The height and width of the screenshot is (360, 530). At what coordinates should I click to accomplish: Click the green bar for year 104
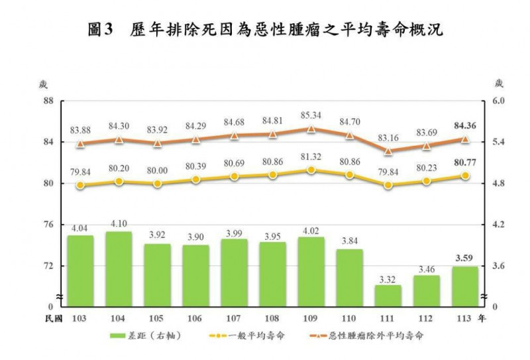[119, 269]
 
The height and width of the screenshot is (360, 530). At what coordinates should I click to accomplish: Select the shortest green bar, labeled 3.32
[388, 296]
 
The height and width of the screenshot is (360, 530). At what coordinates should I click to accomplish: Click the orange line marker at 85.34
[311, 129]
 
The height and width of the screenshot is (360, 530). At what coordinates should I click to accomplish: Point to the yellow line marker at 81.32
[311, 170]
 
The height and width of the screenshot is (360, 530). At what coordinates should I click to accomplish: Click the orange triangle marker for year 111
[388, 150]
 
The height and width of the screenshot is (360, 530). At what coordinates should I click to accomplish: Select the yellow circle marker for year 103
[80, 186]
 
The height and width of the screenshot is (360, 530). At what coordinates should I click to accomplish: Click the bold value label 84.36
[465, 125]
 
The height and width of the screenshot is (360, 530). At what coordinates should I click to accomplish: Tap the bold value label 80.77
[465, 162]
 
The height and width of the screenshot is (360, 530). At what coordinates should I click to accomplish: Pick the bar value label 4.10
[119, 224]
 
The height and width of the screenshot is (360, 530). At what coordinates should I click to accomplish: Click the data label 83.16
[388, 137]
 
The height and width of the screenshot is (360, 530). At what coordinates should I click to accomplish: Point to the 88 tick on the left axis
[48, 101]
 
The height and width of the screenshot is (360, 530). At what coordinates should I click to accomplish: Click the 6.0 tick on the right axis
[498, 101]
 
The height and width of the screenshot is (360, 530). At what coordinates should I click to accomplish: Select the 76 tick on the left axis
[48, 225]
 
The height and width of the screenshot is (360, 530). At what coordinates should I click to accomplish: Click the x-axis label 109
[311, 319]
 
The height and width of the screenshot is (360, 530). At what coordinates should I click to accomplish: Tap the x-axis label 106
[195, 319]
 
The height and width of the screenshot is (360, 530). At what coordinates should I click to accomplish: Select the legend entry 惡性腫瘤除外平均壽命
[371, 335]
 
